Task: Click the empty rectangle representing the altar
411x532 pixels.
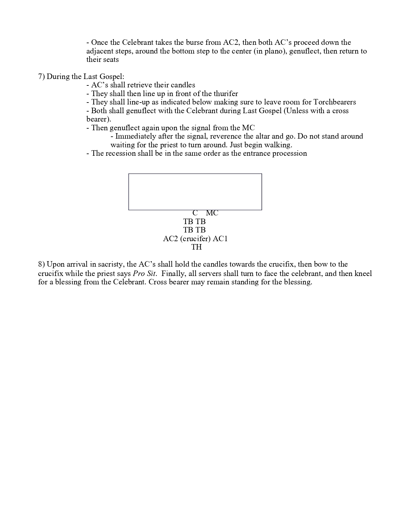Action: (x=195, y=192)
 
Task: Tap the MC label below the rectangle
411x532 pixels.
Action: (x=212, y=213)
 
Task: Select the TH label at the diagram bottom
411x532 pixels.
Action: (x=196, y=247)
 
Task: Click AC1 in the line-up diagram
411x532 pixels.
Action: (x=220, y=239)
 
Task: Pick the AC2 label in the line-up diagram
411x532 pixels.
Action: (x=171, y=239)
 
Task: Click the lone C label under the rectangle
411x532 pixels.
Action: (x=195, y=213)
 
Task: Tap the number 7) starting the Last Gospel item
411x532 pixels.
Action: (x=41, y=77)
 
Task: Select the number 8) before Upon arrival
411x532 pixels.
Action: (x=41, y=264)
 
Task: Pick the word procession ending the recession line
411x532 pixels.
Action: (x=289, y=153)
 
